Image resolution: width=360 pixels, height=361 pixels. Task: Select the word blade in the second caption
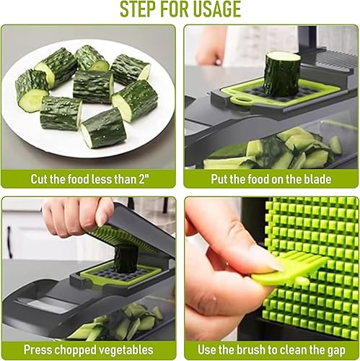pos(315,178)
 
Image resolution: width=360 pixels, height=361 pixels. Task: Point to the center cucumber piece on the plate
pos(92,87)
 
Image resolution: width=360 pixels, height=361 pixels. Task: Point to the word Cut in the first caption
pos(40,178)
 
